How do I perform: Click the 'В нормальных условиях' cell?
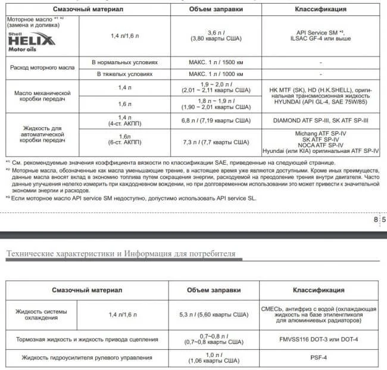pos(124,62)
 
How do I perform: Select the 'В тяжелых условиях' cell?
pos(124,74)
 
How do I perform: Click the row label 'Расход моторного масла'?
pos(42,68)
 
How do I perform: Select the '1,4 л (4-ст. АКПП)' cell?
pos(124,121)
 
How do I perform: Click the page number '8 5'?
pos(379,220)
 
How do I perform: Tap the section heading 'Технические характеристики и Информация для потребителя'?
pos(121,254)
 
